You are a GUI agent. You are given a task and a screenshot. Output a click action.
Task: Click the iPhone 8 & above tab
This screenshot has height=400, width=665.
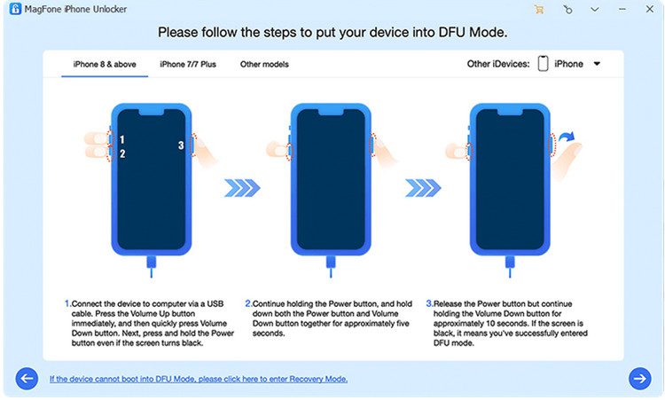105,65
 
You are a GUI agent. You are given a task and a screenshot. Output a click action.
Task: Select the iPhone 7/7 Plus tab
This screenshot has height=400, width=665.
188,65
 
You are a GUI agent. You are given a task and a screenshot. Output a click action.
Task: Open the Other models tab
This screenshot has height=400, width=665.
264,65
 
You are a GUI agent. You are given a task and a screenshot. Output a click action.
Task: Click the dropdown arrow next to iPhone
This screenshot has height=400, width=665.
597,64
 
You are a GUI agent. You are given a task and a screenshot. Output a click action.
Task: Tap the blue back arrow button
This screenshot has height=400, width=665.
27,379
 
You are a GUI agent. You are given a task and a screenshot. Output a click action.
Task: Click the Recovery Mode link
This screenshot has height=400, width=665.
199,379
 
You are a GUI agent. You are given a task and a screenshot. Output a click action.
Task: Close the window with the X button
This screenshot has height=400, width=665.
649,9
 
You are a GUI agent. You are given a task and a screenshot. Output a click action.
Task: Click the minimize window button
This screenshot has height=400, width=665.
622,10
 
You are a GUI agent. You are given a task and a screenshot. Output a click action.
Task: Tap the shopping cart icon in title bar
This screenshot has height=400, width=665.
539,10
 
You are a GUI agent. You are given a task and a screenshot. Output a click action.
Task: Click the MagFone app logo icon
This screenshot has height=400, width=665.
15,9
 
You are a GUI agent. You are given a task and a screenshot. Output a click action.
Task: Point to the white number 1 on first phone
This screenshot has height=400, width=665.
122,139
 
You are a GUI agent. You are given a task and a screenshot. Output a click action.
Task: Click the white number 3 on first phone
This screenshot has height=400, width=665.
181,145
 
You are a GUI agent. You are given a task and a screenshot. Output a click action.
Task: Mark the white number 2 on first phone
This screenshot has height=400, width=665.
122,154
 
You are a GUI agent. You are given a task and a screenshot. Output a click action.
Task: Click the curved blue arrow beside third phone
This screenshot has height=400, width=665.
567,137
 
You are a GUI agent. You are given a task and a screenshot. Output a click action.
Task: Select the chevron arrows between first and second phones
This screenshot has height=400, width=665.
242,188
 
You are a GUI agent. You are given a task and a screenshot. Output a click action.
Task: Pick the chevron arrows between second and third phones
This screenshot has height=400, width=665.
423,188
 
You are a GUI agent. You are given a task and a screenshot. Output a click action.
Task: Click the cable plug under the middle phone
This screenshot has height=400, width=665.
331,262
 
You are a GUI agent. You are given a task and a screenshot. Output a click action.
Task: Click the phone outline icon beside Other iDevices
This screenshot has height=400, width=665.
543,64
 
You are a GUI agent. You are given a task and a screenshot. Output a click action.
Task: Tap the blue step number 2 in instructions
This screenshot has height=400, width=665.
248,303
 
